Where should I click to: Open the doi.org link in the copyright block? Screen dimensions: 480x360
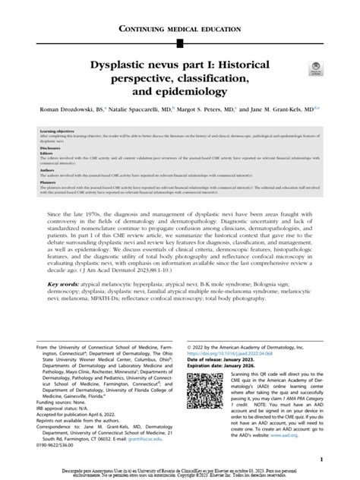[233, 352]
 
